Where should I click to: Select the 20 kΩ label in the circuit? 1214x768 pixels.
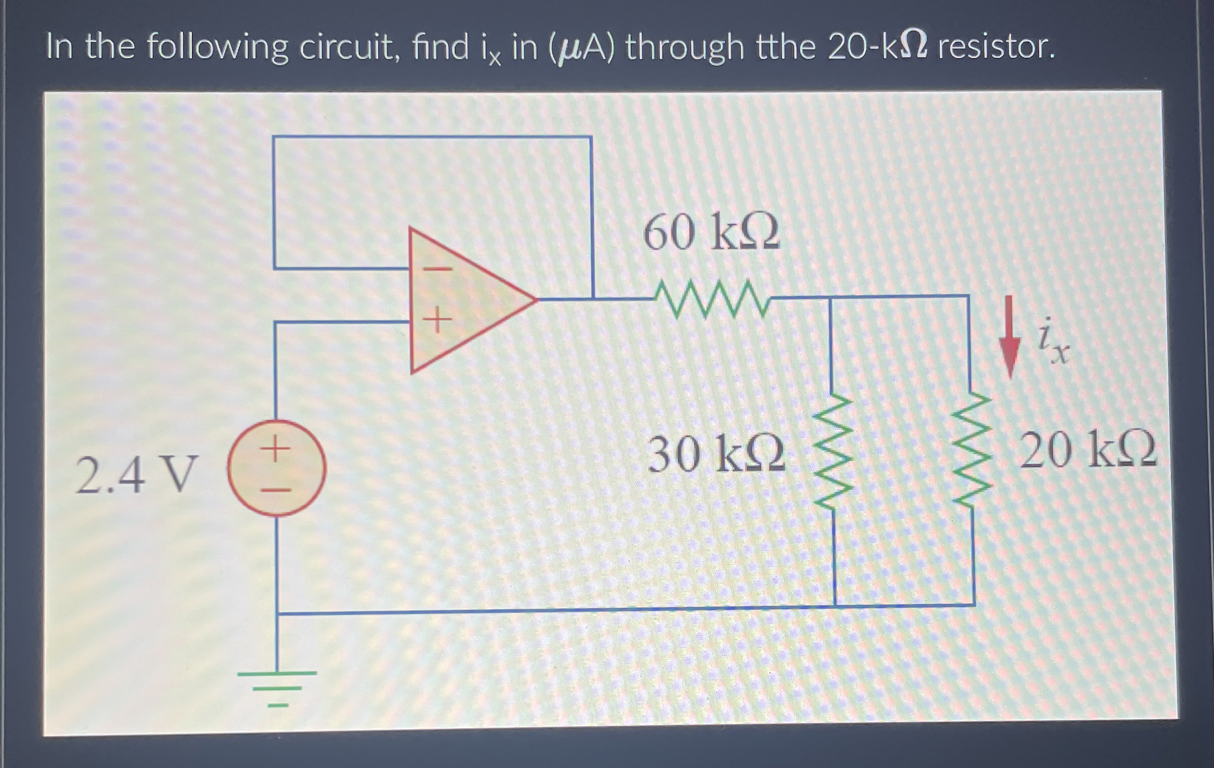coord(1088,450)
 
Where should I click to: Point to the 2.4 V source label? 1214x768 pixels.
coord(134,474)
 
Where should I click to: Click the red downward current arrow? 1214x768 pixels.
coord(1009,336)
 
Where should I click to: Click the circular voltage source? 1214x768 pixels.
coord(276,468)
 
